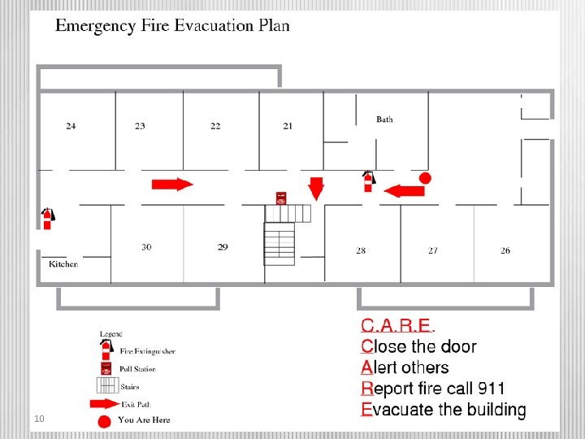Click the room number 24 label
click(x=71, y=126)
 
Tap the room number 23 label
click(x=141, y=126)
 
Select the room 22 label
click(x=215, y=126)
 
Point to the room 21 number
click(x=288, y=126)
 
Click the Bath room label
click(x=384, y=120)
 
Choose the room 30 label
click(x=146, y=247)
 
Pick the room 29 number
click(x=223, y=247)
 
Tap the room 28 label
click(x=361, y=250)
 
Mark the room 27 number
click(x=433, y=250)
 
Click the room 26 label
click(x=505, y=250)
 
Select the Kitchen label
click(x=63, y=264)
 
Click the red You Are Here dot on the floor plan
click(x=424, y=177)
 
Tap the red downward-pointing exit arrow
click(x=316, y=188)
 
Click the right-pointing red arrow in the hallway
click(x=172, y=184)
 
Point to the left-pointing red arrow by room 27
click(x=404, y=191)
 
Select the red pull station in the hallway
click(x=281, y=198)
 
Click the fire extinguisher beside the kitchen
click(x=47, y=218)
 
